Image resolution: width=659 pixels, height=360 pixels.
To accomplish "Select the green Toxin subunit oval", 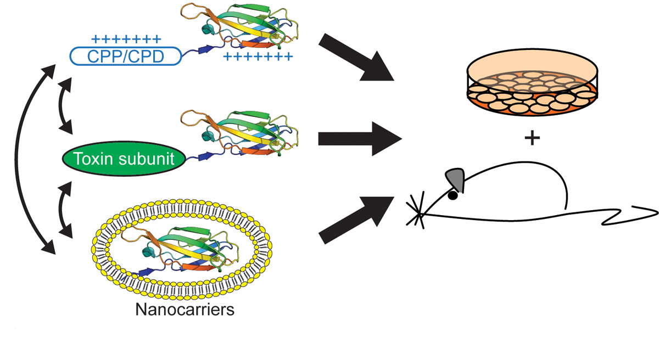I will (x=124, y=159).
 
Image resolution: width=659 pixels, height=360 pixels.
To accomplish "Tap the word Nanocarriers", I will (x=185, y=310).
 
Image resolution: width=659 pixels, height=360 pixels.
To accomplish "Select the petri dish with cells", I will (x=532, y=88).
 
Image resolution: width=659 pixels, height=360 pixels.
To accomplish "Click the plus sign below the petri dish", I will (x=532, y=138).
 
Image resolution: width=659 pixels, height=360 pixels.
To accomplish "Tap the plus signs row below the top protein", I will (x=258, y=57).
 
